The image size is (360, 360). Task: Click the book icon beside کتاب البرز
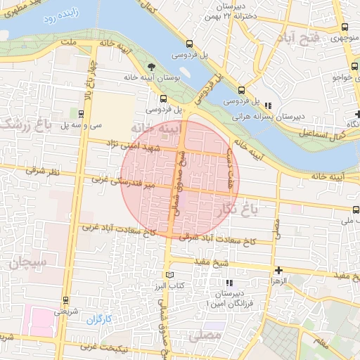[168, 275]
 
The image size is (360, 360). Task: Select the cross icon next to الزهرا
[279, 270]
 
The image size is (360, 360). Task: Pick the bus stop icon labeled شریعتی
[66, 299]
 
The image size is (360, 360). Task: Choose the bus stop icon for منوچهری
[344, 27]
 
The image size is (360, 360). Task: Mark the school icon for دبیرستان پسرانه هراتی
[267, 105]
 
